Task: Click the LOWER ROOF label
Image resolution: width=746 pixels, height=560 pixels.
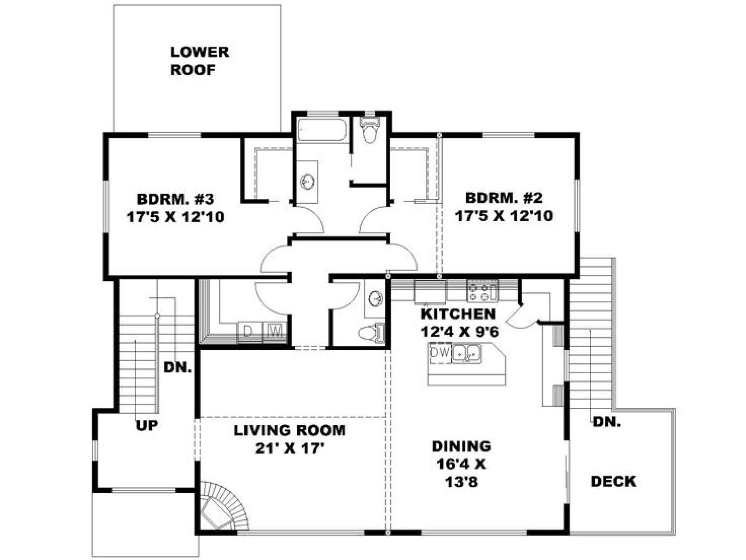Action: tap(200, 61)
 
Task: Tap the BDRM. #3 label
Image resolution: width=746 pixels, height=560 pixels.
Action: tap(175, 199)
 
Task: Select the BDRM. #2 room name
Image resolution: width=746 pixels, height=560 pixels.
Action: tap(504, 198)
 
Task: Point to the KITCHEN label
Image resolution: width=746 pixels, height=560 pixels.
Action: tap(458, 314)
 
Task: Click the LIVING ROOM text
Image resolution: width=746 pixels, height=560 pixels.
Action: tap(290, 430)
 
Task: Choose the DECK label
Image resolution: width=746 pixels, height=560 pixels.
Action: tap(614, 482)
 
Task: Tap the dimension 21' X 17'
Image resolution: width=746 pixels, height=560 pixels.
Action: tap(289, 449)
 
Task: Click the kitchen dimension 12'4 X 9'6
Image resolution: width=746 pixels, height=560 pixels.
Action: tap(460, 331)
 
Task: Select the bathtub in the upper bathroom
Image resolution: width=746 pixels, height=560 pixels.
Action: tap(322, 129)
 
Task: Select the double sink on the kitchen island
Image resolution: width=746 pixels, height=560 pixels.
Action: tap(466, 354)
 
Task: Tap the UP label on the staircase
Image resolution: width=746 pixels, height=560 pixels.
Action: tap(147, 425)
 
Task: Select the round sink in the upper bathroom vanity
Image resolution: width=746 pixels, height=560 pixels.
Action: tap(307, 182)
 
